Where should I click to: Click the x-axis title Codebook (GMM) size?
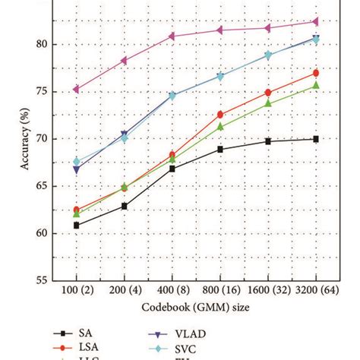(196, 306)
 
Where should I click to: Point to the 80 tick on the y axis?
(42, 45)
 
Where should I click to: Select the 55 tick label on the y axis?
(42, 280)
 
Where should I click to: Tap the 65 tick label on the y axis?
(42, 186)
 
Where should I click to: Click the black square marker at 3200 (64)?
(315, 139)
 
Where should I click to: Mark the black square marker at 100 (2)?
(76, 225)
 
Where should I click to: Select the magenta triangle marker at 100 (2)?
(76, 89)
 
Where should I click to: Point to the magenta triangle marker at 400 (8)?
(172, 36)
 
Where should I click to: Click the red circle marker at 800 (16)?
(220, 115)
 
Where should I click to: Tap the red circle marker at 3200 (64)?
(315, 73)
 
